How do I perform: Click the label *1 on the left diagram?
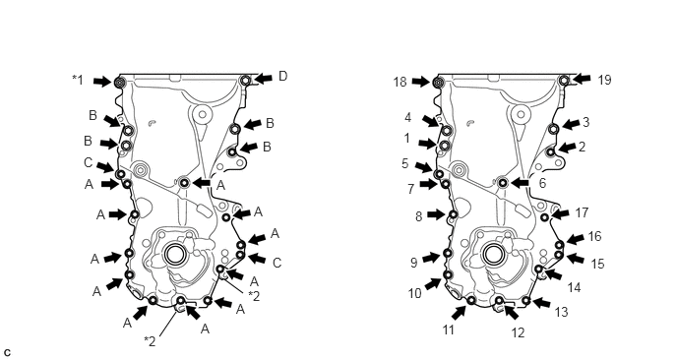tap(78, 80)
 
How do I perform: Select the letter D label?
tap(282, 77)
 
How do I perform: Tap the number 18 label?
tap(400, 82)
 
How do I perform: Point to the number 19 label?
tap(604, 80)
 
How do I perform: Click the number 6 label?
tap(542, 183)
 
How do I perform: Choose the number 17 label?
tap(582, 212)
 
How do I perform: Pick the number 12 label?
tap(518, 332)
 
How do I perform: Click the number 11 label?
tap(448, 330)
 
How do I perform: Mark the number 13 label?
tap(561, 312)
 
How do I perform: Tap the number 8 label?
tap(418, 216)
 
